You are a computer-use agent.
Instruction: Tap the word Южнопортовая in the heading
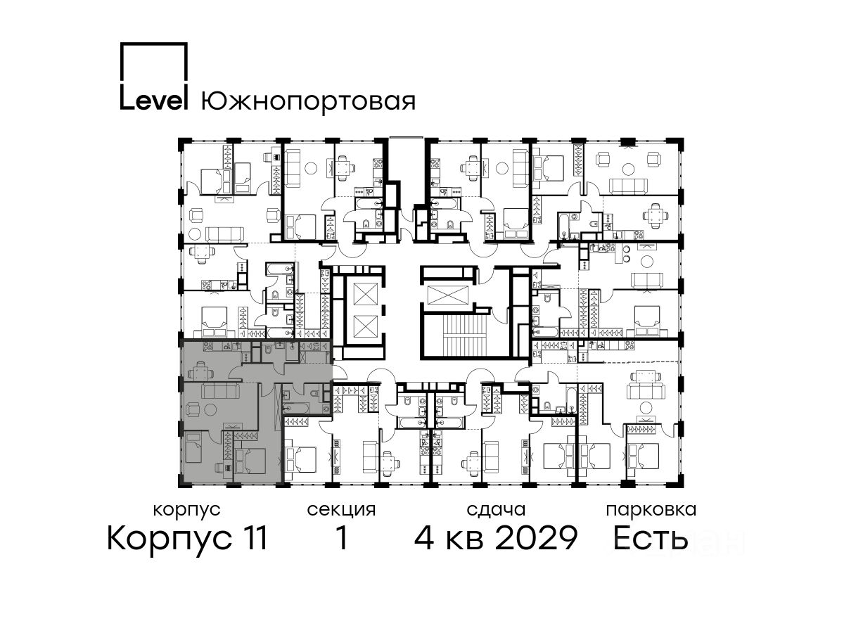pyautogui.click(x=308, y=102)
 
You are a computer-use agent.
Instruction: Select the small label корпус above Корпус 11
pyautogui.click(x=186, y=511)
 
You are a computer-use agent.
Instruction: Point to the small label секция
pyautogui.click(x=341, y=511)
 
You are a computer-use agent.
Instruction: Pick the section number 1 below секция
pyautogui.click(x=341, y=538)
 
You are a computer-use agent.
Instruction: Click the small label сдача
pyautogui.click(x=496, y=511)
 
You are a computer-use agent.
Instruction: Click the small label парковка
pyautogui.click(x=651, y=511)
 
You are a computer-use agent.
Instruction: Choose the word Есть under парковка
pyautogui.click(x=650, y=538)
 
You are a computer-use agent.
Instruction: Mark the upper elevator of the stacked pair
pyautogui.click(x=365, y=294)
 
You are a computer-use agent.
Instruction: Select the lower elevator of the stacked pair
pyautogui.click(x=365, y=326)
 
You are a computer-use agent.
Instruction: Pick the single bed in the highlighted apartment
pyautogui.click(x=193, y=447)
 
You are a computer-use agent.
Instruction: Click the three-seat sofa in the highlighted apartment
pyautogui.click(x=220, y=390)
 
